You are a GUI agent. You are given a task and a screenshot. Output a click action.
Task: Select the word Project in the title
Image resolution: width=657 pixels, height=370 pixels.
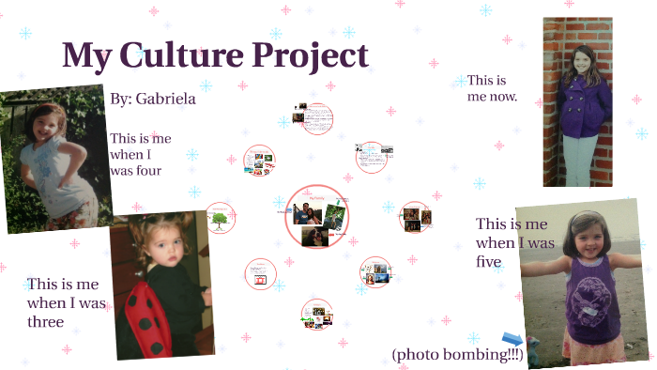pos(311,56)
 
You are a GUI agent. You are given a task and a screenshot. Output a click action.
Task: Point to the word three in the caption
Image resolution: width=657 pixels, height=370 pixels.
pos(45,322)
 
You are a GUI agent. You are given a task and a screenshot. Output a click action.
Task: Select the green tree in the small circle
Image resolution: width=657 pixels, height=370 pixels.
pos(220,220)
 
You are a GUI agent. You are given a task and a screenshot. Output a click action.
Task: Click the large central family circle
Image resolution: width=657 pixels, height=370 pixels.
pos(317,217)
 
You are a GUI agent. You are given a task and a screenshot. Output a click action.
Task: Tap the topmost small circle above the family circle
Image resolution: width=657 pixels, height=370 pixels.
pos(318,118)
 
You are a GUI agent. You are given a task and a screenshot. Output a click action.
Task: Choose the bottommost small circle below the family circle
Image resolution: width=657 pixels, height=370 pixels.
pos(316,314)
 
